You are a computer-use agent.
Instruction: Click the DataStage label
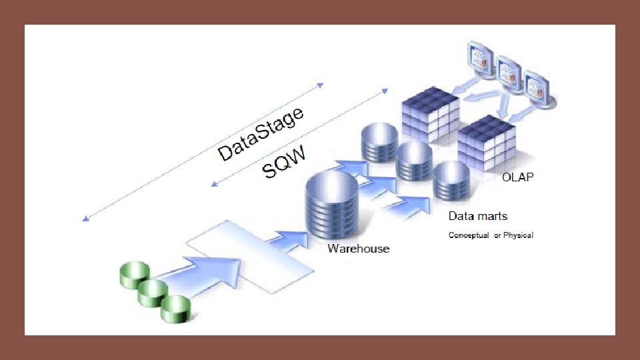pyautogui.click(x=261, y=134)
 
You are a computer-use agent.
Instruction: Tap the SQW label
pyautogui.click(x=284, y=162)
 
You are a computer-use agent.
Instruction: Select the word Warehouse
pyautogui.click(x=358, y=249)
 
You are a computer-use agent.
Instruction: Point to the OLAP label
pyautogui.click(x=518, y=177)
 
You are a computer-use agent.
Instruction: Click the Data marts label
pyautogui.click(x=477, y=216)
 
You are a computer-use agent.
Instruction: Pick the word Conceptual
pyautogui.click(x=469, y=235)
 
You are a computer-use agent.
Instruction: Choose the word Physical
pyautogui.click(x=518, y=235)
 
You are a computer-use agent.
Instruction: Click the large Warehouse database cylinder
pyautogui.click(x=331, y=207)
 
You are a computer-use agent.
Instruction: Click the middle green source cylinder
pyautogui.click(x=154, y=292)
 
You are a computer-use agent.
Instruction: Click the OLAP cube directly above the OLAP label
pyautogui.click(x=487, y=143)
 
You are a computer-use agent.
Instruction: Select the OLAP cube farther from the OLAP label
pyautogui.click(x=430, y=117)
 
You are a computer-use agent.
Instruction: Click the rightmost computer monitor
pyautogui.click(x=539, y=90)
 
